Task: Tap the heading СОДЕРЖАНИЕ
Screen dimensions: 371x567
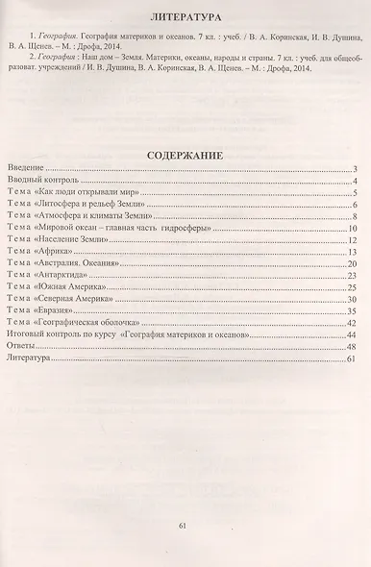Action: pyautogui.click(x=185, y=153)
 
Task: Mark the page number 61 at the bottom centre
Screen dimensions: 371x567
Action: pyautogui.click(x=185, y=526)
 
